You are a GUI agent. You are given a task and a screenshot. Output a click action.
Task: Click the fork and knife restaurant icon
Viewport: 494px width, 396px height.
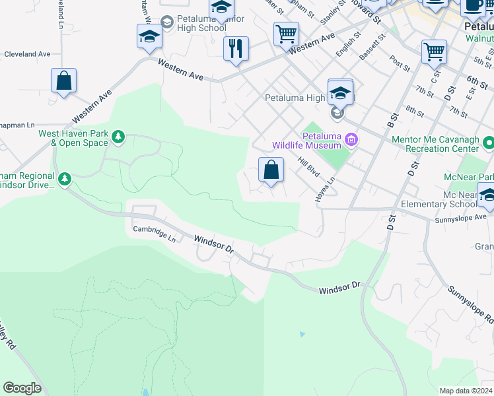click(x=236, y=49)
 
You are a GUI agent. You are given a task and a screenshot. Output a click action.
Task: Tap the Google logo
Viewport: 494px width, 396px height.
click(x=22, y=388)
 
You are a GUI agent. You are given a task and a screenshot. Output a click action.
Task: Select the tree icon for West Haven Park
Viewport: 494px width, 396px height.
click(x=118, y=137)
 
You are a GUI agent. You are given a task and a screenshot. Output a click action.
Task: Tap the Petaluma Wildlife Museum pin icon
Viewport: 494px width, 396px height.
click(x=351, y=139)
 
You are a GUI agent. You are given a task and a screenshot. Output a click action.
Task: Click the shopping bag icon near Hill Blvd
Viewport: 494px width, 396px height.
click(x=271, y=170)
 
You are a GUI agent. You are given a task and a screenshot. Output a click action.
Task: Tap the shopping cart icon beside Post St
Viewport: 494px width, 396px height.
click(x=434, y=51)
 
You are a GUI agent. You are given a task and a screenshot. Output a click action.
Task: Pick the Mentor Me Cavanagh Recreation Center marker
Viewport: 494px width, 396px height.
click(x=488, y=143)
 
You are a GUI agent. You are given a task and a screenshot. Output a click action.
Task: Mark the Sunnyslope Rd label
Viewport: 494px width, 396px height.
click(x=470, y=304)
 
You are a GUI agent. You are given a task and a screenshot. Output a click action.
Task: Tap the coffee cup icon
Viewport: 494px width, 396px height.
click(x=472, y=5)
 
